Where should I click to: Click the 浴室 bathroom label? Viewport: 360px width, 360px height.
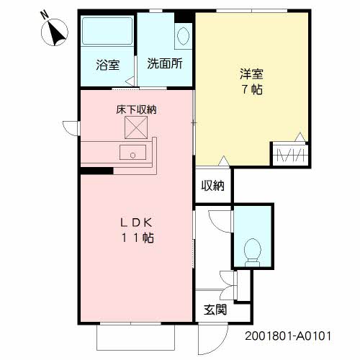click(x=108, y=65)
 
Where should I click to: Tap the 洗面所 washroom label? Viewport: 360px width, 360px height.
click(x=165, y=63)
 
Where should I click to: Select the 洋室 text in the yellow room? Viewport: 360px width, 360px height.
click(x=252, y=74)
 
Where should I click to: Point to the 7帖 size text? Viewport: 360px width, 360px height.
click(x=252, y=89)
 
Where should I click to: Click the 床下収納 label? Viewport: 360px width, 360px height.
click(x=136, y=109)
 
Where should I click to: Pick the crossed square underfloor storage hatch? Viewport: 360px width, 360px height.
click(x=136, y=127)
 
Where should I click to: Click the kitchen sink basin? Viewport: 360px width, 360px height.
click(x=132, y=152)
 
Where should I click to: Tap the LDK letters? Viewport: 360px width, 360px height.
click(x=136, y=223)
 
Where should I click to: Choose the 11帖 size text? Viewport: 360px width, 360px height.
click(x=138, y=238)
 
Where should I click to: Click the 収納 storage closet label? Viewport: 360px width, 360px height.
click(x=213, y=185)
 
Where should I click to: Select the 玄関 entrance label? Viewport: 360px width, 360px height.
click(x=215, y=310)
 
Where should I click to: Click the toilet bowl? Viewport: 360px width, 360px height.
click(x=252, y=253)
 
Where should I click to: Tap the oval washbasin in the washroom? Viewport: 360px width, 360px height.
click(x=183, y=36)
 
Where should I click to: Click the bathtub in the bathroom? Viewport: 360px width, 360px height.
click(x=107, y=30)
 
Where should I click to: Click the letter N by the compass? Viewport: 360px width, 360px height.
click(x=45, y=15)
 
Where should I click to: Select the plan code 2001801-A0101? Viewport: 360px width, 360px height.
click(x=288, y=336)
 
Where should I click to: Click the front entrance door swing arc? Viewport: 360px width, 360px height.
click(x=221, y=346)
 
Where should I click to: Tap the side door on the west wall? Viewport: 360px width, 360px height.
click(x=71, y=128)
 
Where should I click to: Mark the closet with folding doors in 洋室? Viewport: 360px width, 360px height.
click(x=290, y=155)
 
